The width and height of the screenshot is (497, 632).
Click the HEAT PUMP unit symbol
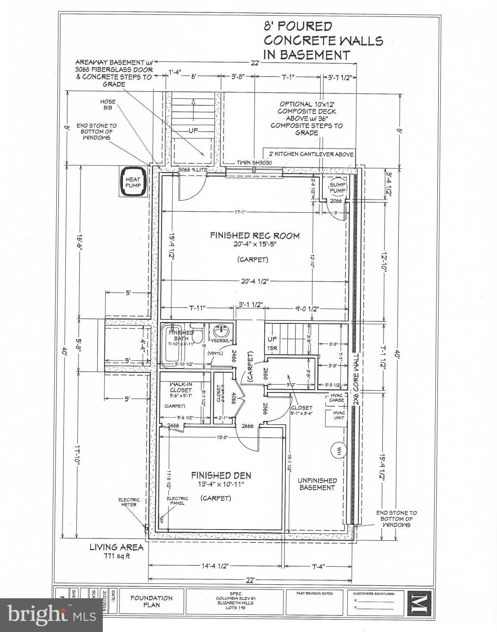point(133,182)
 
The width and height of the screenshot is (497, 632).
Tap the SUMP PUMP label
point(337,188)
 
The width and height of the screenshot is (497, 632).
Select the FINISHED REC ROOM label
point(254,236)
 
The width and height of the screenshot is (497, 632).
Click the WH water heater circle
point(339,449)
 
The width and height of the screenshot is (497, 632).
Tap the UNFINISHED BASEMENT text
point(317,484)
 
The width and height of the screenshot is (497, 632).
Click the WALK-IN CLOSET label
point(181,387)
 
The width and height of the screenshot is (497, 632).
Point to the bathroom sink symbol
point(222,330)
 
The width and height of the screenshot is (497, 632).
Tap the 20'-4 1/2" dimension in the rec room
point(252,281)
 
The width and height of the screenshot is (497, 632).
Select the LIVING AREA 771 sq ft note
point(117,551)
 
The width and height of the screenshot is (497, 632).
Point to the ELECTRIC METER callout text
point(129,502)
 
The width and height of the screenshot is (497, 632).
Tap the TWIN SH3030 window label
point(254,163)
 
